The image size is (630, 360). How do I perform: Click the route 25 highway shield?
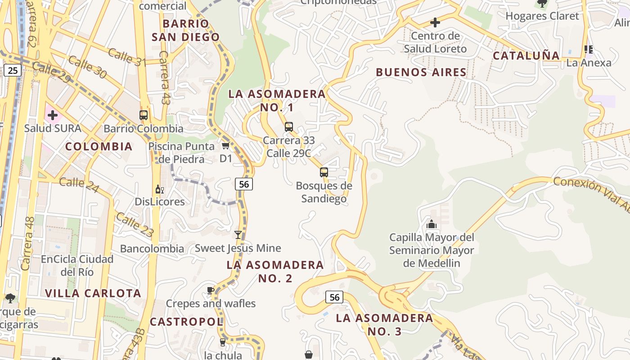coord(13,70)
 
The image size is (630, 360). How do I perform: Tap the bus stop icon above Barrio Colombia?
coord(144,115)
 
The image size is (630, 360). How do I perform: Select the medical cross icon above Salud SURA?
coord(53,115)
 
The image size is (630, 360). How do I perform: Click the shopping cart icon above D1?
coord(225,145)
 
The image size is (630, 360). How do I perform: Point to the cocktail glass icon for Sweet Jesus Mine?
coord(238,235)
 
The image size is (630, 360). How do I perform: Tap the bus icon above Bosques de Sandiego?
coord(324,172)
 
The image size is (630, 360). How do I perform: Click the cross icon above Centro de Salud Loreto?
coord(435,22)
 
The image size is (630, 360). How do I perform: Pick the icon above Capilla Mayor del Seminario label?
coord(431,224)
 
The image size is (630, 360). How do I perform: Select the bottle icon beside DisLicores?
coord(158,189)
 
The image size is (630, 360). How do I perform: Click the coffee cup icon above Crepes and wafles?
coord(210,290)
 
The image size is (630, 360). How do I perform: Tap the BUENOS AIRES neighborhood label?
coord(421,72)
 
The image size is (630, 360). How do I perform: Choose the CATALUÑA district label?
coord(526,56)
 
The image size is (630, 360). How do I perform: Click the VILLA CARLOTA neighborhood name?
coord(93,293)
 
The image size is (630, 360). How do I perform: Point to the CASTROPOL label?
coord(186,322)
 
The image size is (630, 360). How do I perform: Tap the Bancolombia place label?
coord(152,248)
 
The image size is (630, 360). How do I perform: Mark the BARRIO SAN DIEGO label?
coord(186,30)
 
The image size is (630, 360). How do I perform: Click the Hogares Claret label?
coord(542,16)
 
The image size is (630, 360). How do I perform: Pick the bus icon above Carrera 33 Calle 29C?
coord(289,127)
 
